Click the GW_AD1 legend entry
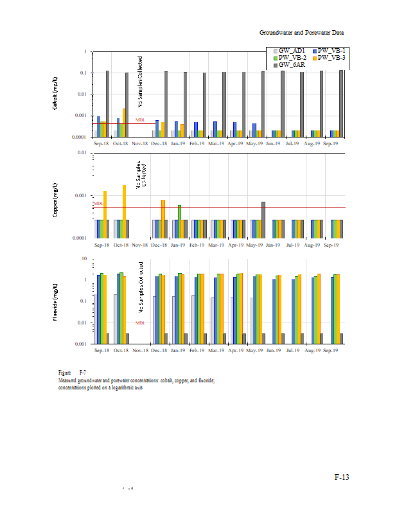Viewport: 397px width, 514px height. pos(290,51)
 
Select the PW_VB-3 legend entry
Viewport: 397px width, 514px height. pos(331,58)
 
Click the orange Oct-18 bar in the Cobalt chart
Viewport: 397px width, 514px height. pos(123,122)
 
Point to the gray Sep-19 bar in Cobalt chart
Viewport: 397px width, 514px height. pos(341,103)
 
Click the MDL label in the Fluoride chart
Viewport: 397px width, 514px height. pos(140,323)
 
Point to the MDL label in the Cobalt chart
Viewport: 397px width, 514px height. pos(140,120)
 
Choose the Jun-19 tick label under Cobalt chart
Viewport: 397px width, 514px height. pos(273,145)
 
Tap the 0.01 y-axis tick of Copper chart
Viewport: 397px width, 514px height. pos(82,153)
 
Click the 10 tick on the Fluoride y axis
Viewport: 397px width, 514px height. pos(84,258)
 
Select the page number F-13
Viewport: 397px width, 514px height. pos(341,477)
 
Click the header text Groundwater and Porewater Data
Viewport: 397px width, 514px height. pos(302,32)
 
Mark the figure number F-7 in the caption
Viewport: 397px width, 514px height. pos(83,373)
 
